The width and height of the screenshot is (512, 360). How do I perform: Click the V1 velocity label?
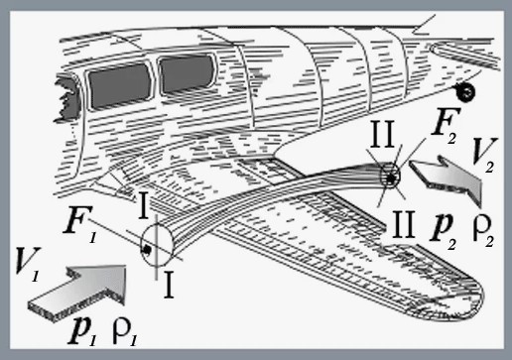(28, 265)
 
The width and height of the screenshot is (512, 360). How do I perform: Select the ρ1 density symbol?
(125, 333)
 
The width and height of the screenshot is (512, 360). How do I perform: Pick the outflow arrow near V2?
(447, 178)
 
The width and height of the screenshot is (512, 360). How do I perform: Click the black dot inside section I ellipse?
(146, 250)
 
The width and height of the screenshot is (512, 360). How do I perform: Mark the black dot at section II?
(392, 179)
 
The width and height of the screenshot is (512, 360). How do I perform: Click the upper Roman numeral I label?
(143, 205)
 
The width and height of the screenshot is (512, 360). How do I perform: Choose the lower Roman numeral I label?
(169, 285)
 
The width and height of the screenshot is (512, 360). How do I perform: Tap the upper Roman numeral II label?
(382, 134)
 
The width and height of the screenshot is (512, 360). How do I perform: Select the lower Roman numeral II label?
(403, 224)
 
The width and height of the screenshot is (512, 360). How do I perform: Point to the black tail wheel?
(465, 92)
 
